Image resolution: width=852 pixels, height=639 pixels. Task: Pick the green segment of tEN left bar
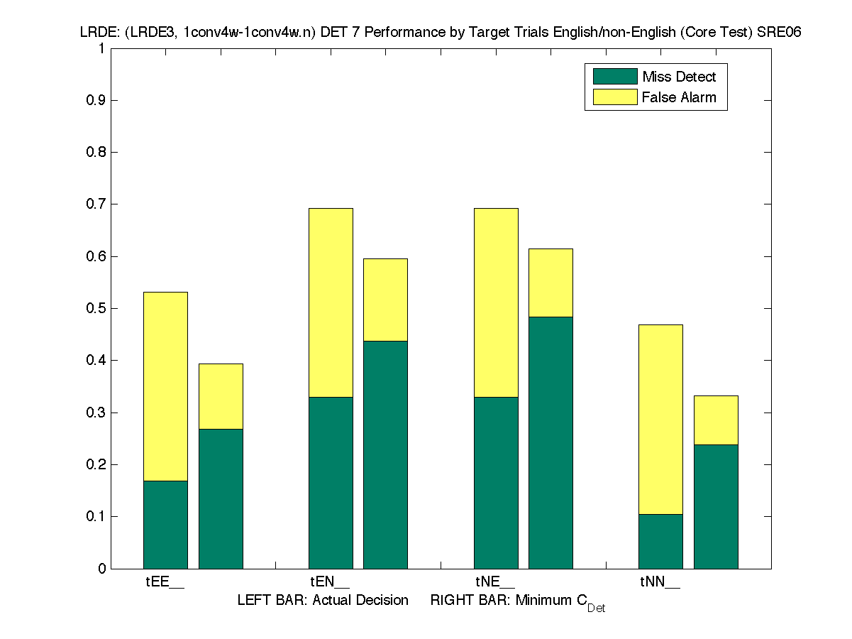point(331,483)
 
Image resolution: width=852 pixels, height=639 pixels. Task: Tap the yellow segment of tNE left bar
point(496,302)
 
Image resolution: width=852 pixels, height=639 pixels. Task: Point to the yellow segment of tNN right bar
point(716,420)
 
